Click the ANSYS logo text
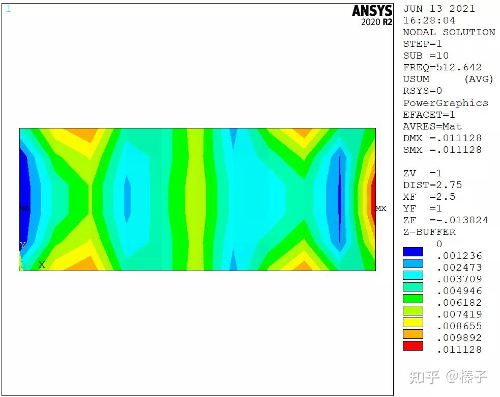(372, 11)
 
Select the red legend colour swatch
(413, 346)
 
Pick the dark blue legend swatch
(413, 252)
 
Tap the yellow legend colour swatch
(413, 322)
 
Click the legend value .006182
(459, 302)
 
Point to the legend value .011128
(459, 350)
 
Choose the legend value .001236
(459, 255)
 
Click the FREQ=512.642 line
(443, 67)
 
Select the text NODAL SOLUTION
(449, 32)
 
